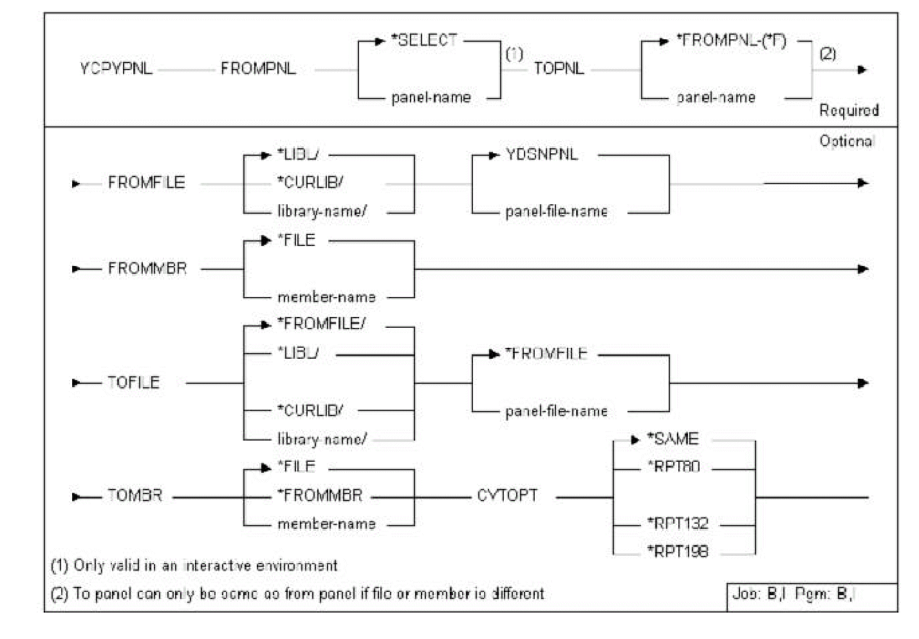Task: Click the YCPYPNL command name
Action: (116, 69)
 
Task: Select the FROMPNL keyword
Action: (258, 69)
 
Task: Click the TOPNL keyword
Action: (559, 69)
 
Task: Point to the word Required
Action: (848, 110)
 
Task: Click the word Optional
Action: (846, 141)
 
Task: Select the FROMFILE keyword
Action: (146, 183)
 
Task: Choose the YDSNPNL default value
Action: (542, 155)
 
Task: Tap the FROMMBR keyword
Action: (147, 269)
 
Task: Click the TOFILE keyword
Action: (133, 383)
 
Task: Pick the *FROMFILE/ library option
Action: (320, 324)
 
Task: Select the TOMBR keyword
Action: (135, 496)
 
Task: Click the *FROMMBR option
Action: (320, 495)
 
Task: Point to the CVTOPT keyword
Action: (507, 496)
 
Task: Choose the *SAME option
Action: (673, 439)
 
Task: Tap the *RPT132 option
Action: (677, 524)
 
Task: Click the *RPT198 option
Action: (677, 551)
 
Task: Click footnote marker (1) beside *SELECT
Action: (514, 54)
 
